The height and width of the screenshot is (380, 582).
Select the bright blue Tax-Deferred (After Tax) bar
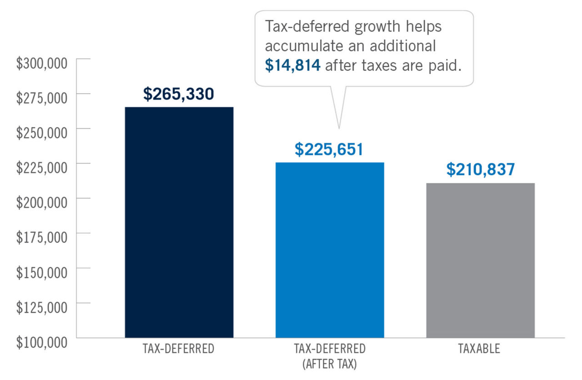coord(330,250)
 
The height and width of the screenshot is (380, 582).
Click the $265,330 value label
coord(178,94)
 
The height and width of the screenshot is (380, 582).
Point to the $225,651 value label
coord(329,149)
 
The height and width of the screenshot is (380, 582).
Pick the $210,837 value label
coord(480,169)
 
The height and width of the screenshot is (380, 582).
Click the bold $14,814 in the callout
coord(293,65)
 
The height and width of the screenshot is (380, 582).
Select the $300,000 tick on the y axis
coord(42,63)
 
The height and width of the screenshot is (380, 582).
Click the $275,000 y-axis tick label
coord(42,98)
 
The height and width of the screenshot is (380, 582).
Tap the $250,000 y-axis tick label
coord(42,133)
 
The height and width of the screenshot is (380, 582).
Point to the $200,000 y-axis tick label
coord(42,203)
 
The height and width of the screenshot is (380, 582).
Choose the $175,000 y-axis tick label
coord(42,237)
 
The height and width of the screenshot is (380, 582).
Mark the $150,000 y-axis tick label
coord(42,272)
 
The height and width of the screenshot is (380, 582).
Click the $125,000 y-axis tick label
coord(42,307)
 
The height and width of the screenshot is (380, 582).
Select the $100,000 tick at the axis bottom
coord(42,342)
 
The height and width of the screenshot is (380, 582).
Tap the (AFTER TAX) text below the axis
coord(330,364)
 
